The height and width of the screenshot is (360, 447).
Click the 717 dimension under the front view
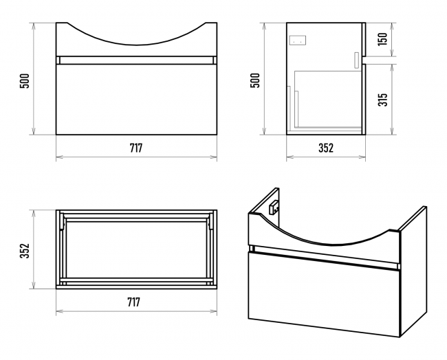point(136,148)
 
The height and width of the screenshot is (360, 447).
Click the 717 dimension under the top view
point(133,302)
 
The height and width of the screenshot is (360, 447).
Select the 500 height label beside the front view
point(25,81)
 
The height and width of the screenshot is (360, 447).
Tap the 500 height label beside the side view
point(255,80)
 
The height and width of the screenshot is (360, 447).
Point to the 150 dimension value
point(383,39)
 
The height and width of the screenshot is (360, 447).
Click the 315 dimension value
point(383,100)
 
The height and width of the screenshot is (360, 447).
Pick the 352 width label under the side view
point(326,148)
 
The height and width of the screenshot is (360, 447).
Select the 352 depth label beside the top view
point(25,251)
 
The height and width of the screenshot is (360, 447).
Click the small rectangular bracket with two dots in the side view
point(298,40)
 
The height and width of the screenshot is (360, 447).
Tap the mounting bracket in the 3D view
point(274,207)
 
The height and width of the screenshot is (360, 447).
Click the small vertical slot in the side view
point(356,60)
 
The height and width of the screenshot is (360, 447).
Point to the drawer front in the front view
point(137,100)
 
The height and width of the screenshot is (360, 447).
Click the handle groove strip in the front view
point(137,60)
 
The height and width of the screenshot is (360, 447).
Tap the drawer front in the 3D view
point(324,294)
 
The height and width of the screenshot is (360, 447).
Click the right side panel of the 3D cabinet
point(413,271)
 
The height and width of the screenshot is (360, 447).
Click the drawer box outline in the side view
point(328,99)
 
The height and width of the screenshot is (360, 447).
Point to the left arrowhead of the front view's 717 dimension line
point(59,157)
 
